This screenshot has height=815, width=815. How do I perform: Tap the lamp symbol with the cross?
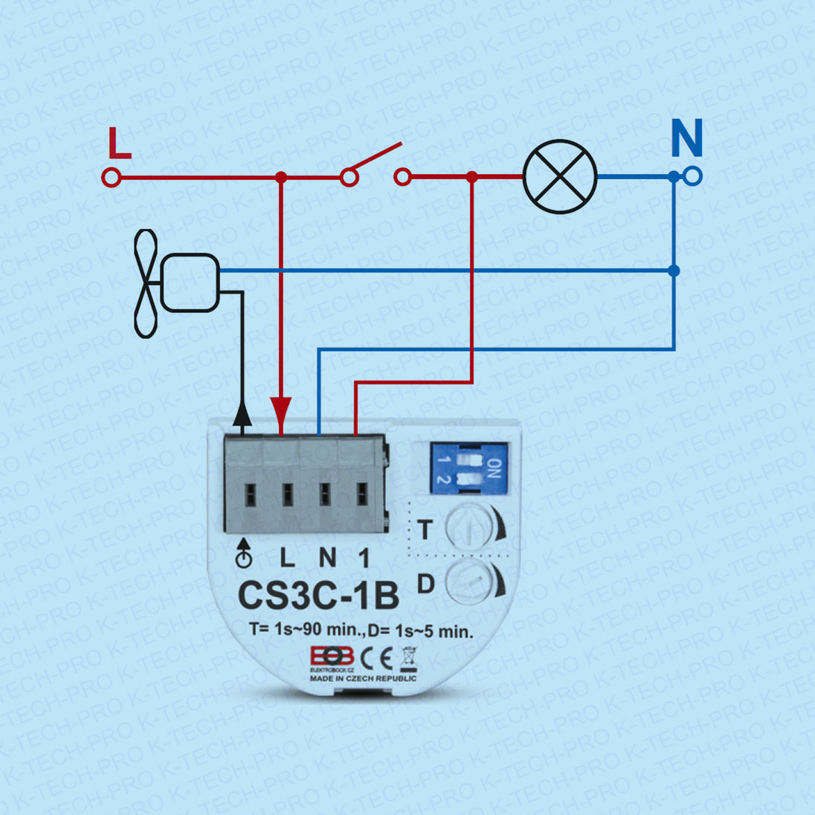point(560,177)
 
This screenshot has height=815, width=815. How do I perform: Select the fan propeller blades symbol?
point(146,283)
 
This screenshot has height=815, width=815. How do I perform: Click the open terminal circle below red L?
point(111,178)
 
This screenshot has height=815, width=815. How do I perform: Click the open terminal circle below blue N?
point(693,177)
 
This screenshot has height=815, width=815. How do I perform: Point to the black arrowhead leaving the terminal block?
point(242,413)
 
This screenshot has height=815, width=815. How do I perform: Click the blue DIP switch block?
point(469,468)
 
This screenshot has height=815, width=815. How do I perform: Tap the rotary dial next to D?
point(469,581)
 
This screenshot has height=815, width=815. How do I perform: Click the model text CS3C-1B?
point(318,595)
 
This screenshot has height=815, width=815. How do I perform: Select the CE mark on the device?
point(376,658)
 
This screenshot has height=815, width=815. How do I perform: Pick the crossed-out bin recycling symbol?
point(408,659)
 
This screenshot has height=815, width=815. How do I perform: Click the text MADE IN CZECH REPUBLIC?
point(364,678)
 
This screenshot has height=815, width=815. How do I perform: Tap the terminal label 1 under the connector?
point(363,558)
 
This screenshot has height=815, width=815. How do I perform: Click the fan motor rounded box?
point(190,282)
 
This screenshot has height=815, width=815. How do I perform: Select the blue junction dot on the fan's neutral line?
point(674,271)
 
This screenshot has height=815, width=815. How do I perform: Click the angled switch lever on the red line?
point(376,158)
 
